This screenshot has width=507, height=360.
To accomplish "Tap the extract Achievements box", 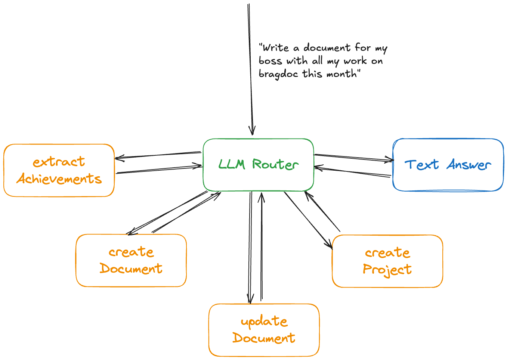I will click(x=59, y=170).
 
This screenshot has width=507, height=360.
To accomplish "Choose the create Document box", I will click(x=131, y=260).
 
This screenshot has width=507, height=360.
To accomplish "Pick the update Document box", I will click(x=264, y=330).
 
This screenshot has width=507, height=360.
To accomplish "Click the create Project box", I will click(x=387, y=261).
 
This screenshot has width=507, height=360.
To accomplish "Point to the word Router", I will click(x=275, y=164).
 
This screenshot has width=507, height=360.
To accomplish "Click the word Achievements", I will click(x=59, y=179).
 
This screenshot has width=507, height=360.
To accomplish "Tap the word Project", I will click(x=387, y=269).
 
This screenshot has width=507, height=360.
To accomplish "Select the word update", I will click(x=264, y=322).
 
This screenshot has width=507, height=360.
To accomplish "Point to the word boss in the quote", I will click(x=270, y=61).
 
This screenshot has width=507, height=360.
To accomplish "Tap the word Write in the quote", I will click(x=276, y=48).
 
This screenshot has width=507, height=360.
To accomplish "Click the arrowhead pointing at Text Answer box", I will click(x=390, y=160).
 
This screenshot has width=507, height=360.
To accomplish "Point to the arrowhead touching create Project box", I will click(x=330, y=245).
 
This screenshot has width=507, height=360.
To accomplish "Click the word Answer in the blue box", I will click(x=469, y=165).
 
